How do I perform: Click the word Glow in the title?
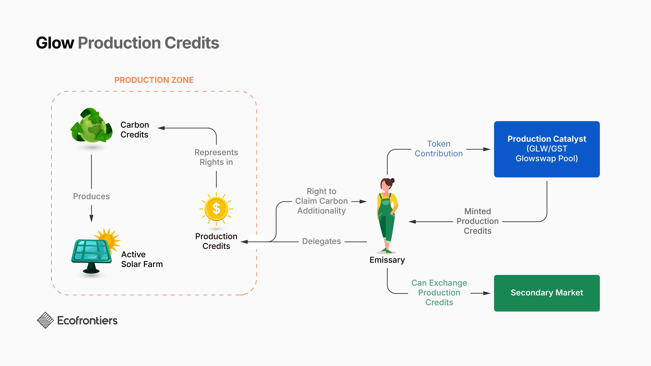[x=55, y=43]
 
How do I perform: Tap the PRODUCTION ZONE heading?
[x=154, y=80]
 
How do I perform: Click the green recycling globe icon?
[x=91, y=126]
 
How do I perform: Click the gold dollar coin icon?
[x=216, y=209]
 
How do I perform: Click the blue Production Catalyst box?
[x=547, y=149]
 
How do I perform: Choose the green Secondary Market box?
[x=547, y=293]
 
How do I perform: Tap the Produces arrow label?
[x=91, y=196]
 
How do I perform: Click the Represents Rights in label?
[x=216, y=157]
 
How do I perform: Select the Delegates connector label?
[x=321, y=241]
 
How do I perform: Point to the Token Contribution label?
[x=439, y=149]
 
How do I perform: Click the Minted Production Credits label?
[x=477, y=221]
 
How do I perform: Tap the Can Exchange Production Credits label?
[x=439, y=293]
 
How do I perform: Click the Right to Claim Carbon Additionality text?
[x=321, y=201]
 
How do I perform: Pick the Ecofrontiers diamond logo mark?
[x=45, y=320]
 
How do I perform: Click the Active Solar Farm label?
[x=142, y=259]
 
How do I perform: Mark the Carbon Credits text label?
[x=135, y=130]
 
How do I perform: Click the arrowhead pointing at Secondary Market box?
[x=487, y=293]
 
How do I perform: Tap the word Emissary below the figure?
[x=387, y=260]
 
